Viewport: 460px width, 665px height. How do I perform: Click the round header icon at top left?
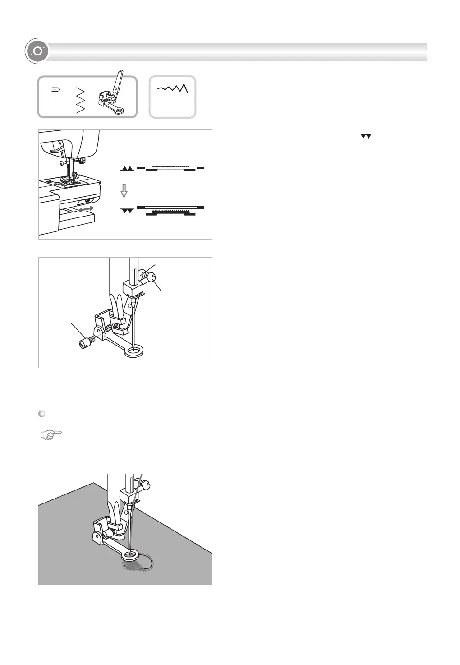pyautogui.click(x=37, y=52)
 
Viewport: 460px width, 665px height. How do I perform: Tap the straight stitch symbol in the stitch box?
pyautogui.click(x=55, y=99)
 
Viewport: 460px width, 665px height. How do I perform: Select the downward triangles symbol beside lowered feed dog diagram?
pyautogui.click(x=128, y=211)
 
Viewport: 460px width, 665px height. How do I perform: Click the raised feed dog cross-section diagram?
pyautogui.click(x=170, y=168)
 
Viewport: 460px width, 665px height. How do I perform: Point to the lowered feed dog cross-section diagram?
pyautogui.click(x=170, y=210)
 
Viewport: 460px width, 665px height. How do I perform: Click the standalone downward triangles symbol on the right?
pyautogui.click(x=366, y=136)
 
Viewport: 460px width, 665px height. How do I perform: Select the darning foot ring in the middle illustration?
pyautogui.click(x=134, y=351)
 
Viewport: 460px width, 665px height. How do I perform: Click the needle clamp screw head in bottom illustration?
pyautogui.click(x=146, y=486)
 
